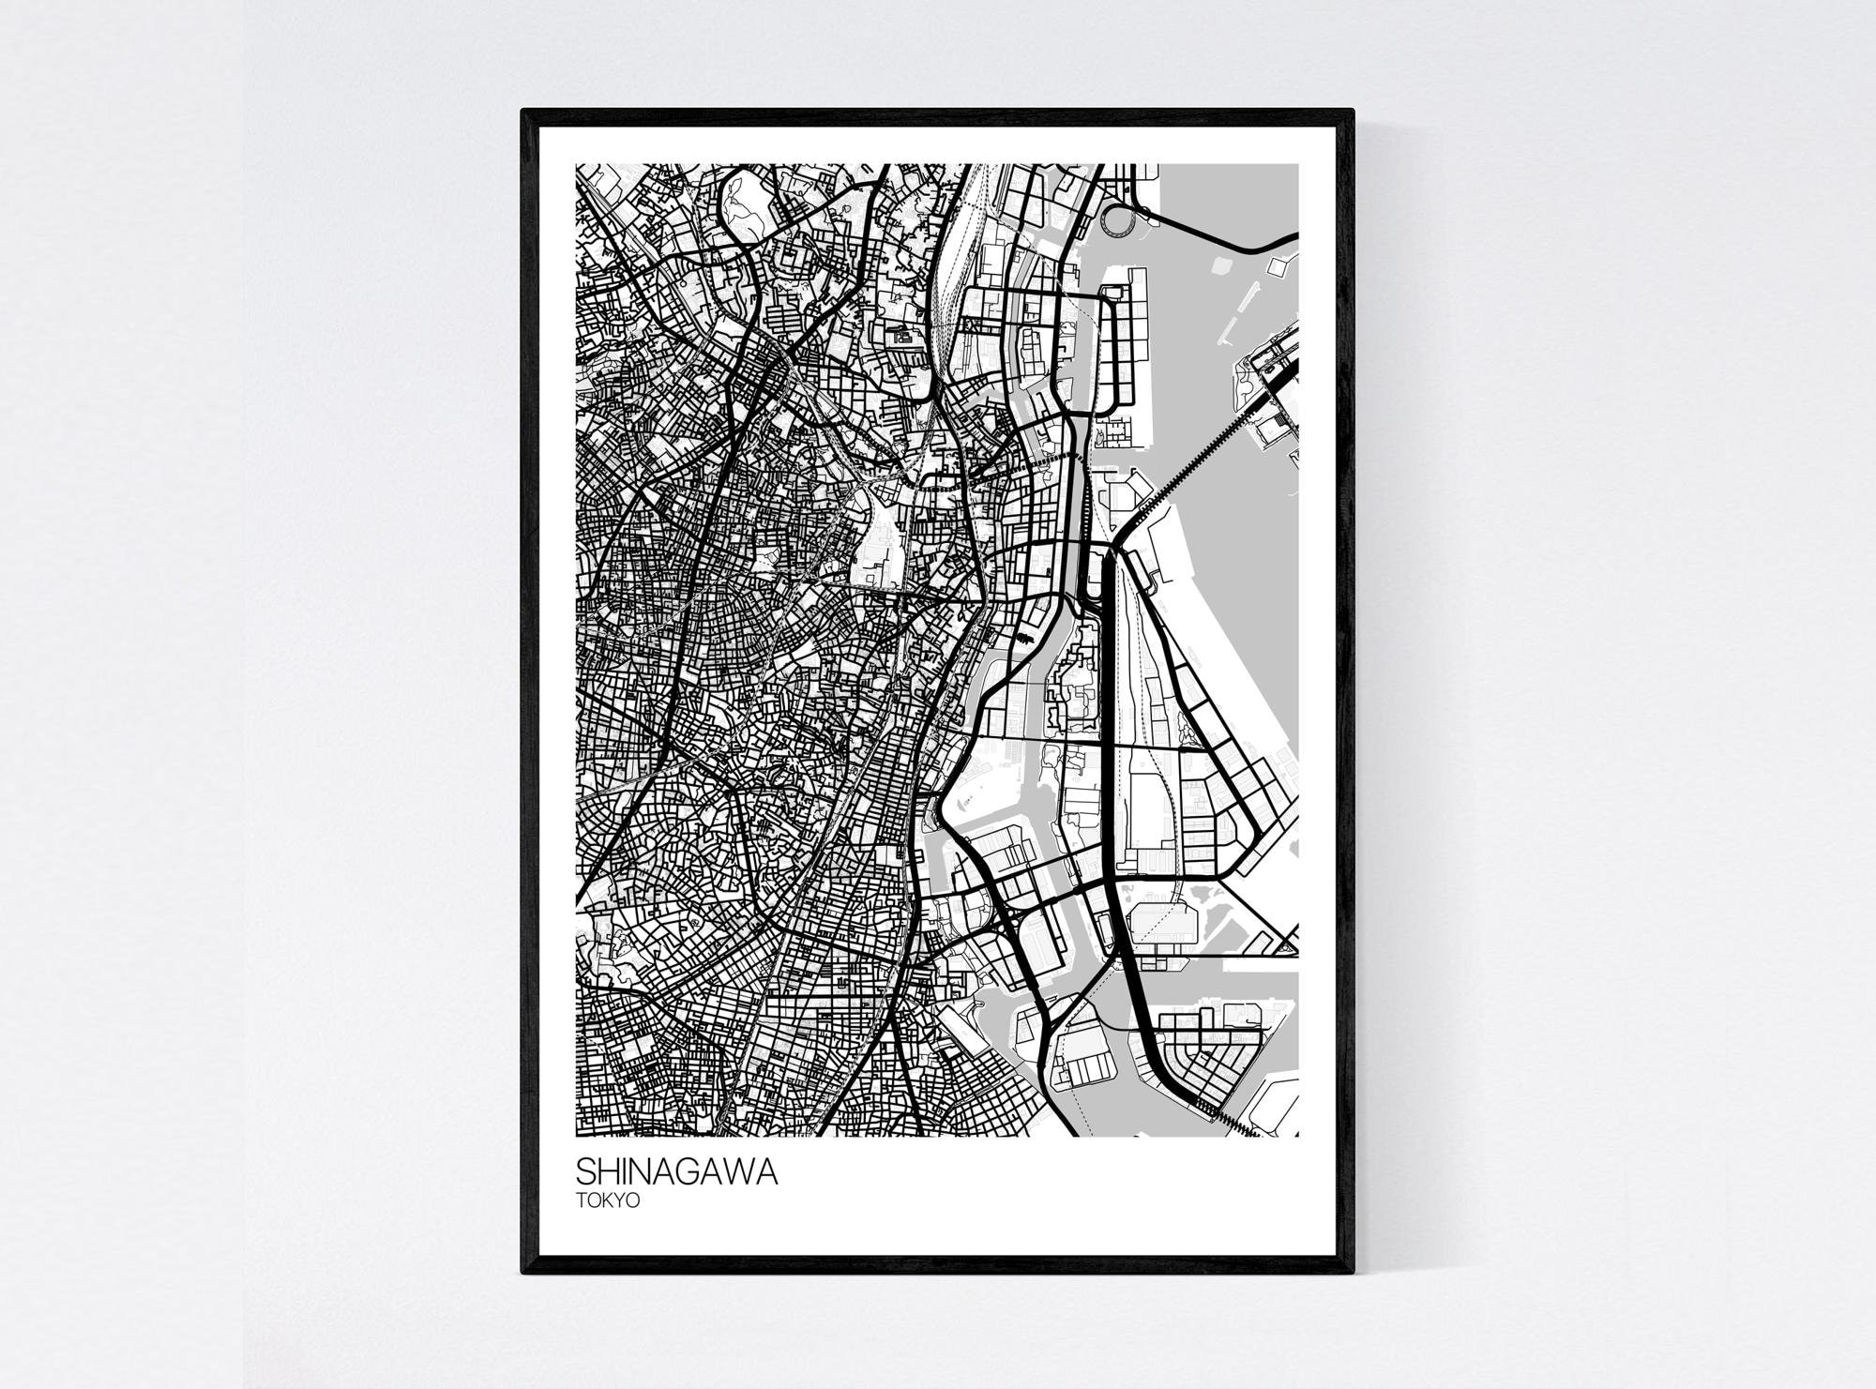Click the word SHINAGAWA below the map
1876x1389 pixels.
676,1172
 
